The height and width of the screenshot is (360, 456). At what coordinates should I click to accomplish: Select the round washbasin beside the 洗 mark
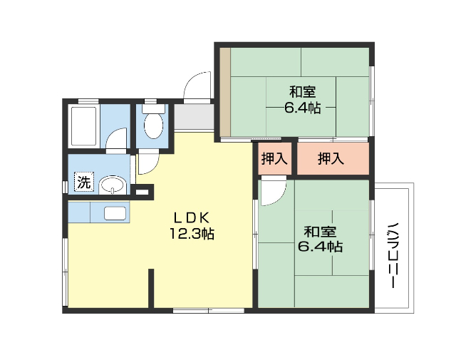point(112,186)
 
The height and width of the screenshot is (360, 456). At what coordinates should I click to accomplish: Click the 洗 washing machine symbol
point(84,182)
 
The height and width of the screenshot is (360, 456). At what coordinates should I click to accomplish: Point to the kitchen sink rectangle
point(115,212)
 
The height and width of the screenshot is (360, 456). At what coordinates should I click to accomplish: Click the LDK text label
point(191,217)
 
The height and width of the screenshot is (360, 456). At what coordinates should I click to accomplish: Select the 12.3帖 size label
point(192,233)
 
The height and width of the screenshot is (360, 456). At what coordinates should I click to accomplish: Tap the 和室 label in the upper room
point(302,92)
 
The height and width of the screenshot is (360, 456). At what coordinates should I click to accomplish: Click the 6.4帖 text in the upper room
point(302,108)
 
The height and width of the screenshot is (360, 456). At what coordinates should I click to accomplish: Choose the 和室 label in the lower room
point(318,231)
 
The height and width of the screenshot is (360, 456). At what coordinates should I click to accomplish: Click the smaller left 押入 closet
point(274,159)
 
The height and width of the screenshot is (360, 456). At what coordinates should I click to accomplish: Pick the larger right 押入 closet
point(331,159)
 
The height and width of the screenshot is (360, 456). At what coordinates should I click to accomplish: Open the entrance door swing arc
point(196,86)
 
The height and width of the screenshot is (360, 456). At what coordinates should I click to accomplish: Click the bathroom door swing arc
point(117,138)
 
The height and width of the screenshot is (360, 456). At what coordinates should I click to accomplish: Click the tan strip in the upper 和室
point(224,91)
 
